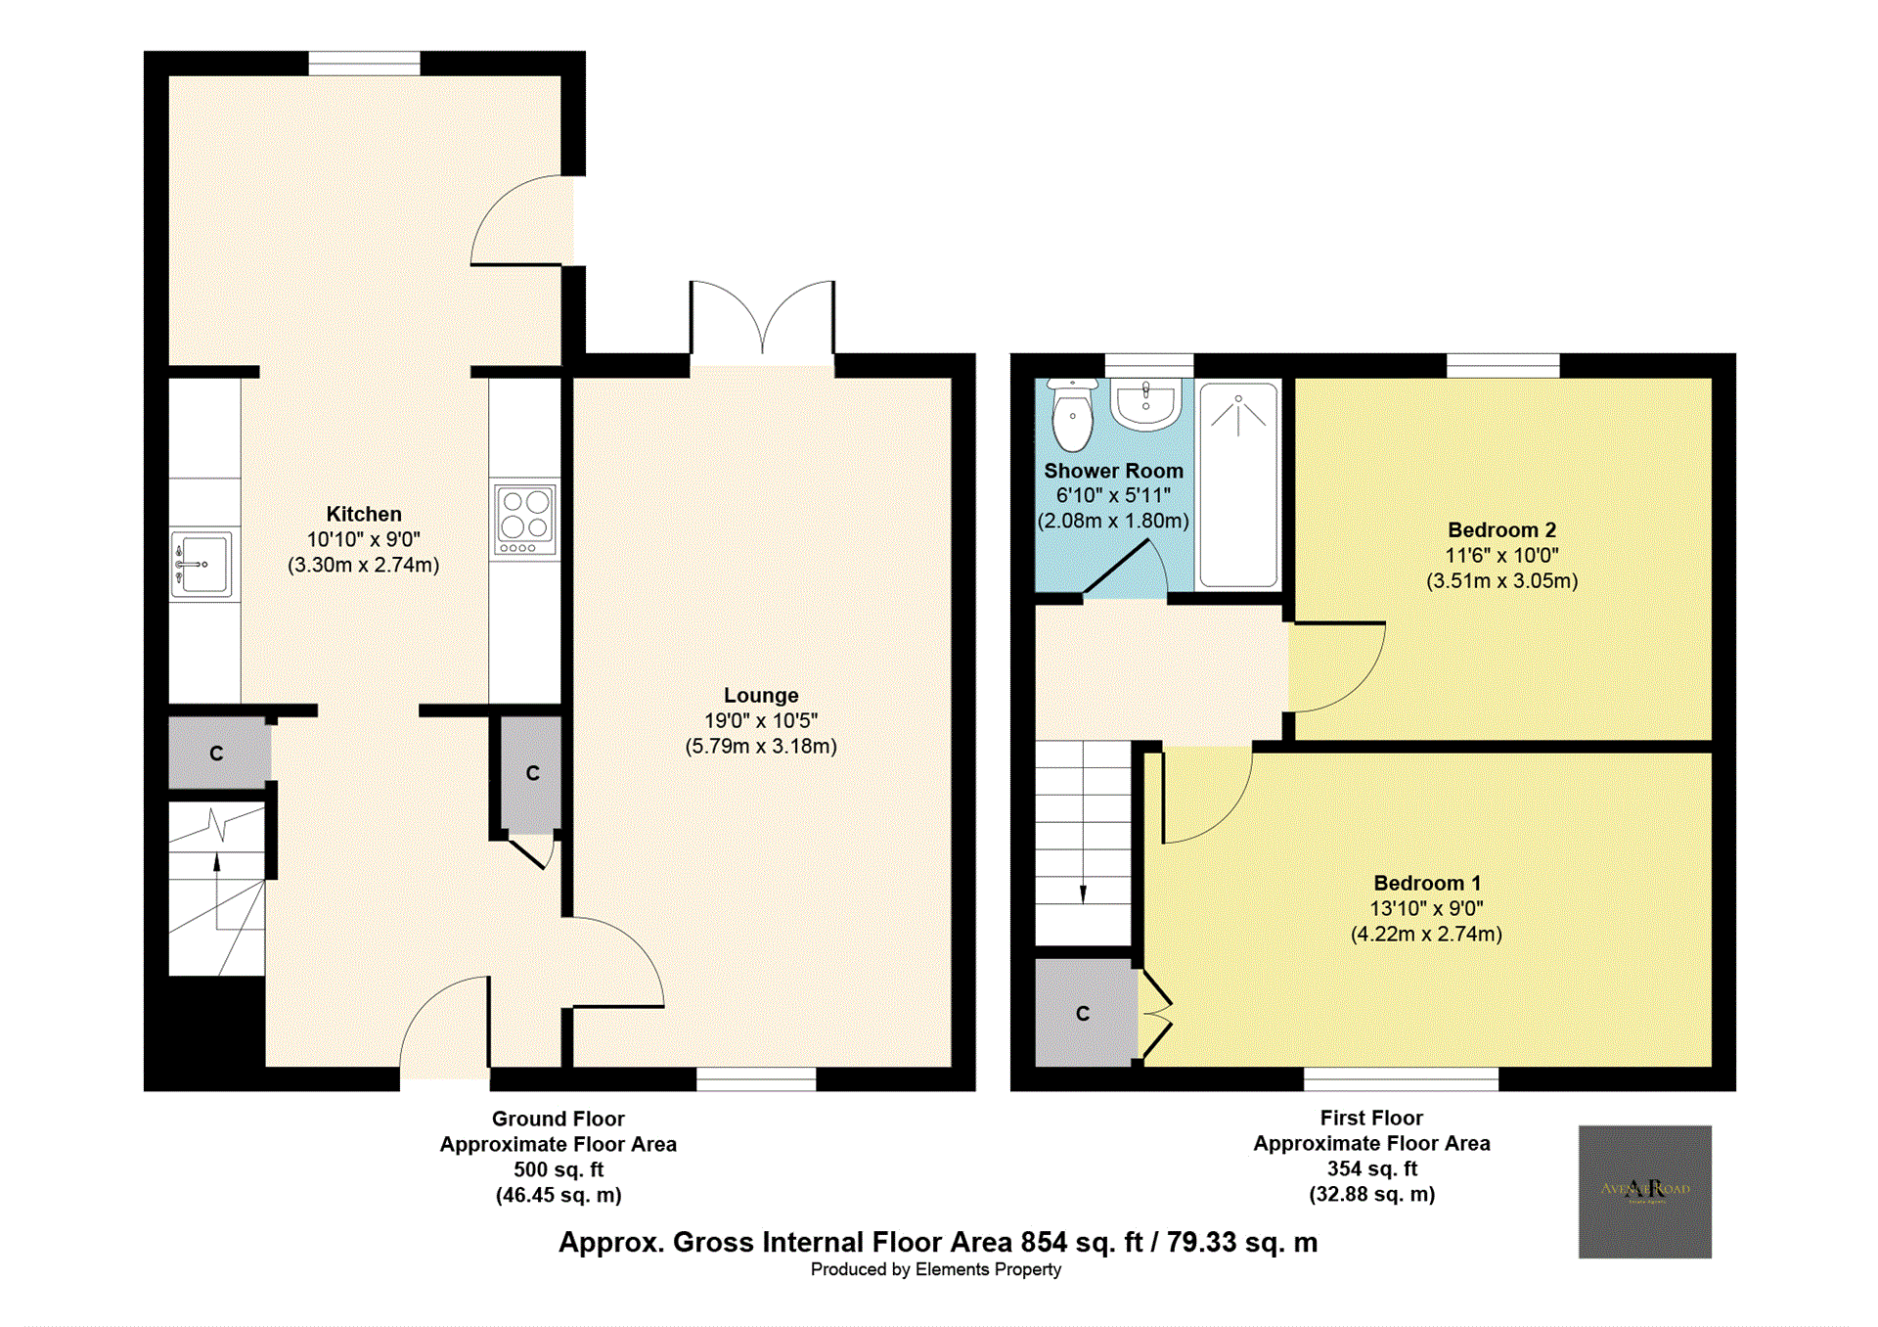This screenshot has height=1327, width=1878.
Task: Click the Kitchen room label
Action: point(363,514)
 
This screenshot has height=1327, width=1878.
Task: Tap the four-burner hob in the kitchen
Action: point(525,519)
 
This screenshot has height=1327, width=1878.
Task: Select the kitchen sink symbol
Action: point(201,565)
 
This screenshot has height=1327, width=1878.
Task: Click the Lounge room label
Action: point(761,695)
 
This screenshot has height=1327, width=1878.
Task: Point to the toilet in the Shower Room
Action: point(1072,415)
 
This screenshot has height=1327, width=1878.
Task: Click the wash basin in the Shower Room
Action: point(1145,403)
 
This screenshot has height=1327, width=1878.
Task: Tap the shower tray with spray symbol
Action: point(1238,484)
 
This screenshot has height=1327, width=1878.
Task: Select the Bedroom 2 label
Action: point(1501,530)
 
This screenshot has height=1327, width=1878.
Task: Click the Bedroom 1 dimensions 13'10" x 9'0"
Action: point(1426,908)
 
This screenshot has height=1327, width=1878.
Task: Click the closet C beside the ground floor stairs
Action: point(217,754)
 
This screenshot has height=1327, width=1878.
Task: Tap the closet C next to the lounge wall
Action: point(532,773)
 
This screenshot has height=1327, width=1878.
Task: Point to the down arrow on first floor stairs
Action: point(1083,892)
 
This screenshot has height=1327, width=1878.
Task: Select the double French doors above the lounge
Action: point(762,323)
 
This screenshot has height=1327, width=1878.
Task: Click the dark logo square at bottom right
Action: point(1644,1191)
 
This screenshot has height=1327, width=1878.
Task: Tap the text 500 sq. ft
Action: point(559,1169)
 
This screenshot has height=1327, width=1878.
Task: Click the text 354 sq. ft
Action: point(1371,1168)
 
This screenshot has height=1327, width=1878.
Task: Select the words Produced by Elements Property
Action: point(935,1269)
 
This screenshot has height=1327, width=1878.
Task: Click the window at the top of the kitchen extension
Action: point(364,64)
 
